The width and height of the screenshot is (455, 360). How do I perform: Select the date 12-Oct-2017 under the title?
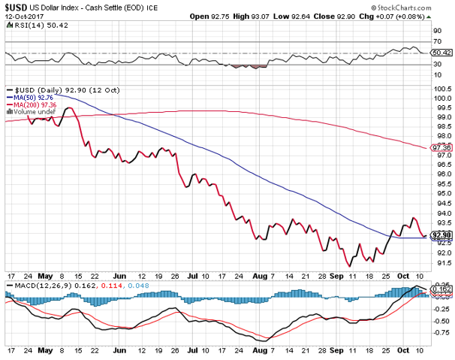click(x=21, y=17)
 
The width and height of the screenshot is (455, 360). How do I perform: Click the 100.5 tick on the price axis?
click(x=441, y=88)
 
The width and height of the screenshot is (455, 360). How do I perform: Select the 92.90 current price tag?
click(x=441, y=235)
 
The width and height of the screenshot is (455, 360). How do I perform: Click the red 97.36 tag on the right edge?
click(x=441, y=149)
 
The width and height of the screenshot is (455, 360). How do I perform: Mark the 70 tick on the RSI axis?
click(x=436, y=41)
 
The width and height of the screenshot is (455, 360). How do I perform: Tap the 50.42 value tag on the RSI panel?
click(x=442, y=53)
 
